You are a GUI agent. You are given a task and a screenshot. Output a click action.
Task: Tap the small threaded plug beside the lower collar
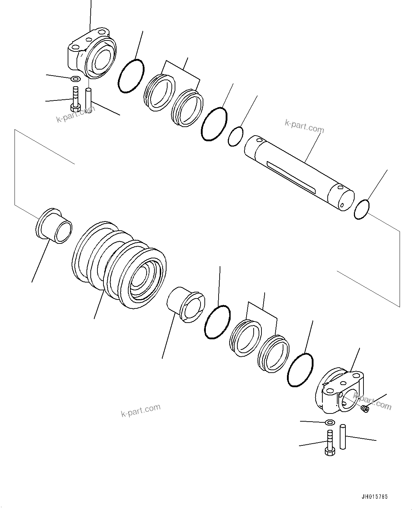(x=365, y=409)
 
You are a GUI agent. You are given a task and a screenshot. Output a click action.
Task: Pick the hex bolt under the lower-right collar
(x=329, y=442)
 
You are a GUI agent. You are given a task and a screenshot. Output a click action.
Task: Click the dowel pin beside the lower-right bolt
(x=342, y=437)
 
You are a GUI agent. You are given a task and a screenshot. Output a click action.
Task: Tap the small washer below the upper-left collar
(x=75, y=78)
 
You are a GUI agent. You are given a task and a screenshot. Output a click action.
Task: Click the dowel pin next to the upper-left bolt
(x=89, y=100)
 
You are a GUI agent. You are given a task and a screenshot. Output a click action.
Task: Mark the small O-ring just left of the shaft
(x=236, y=136)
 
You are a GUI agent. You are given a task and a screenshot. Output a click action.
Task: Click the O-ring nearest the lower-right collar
(x=300, y=370)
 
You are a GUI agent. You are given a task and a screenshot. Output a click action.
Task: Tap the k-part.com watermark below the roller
(x=140, y=411)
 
